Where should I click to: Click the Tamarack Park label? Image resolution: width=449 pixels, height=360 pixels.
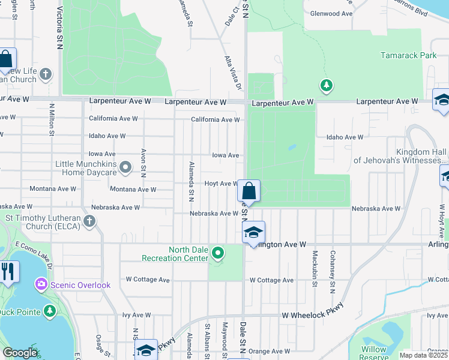tap(408, 55)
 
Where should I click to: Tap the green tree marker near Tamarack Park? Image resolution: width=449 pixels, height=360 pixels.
tap(326, 86)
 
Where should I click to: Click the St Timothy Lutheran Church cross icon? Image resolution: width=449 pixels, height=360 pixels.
tap(89, 222)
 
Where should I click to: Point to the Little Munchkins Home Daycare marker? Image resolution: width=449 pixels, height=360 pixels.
tap(125, 167)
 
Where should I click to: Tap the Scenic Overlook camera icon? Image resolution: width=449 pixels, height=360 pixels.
tap(41, 284)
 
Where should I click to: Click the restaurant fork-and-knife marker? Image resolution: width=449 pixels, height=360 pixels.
tap(8, 271)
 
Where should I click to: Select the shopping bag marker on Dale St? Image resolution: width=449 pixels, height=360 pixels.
tap(249, 191)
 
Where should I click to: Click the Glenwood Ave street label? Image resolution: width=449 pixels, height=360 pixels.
tap(331, 14)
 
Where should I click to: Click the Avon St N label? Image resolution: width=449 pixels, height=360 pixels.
tap(143, 163)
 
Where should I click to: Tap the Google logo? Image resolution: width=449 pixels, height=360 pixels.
tap(20, 353)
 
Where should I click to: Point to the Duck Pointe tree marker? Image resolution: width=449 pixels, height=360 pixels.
tap(50, 311)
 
